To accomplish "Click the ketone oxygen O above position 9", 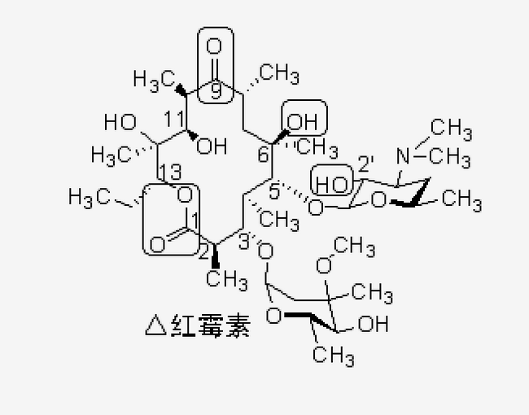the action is point(214,46).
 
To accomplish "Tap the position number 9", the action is point(216,91).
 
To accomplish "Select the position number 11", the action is point(175,119).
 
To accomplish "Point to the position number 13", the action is point(171,172).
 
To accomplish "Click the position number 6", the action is point(264,155).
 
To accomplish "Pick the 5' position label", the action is point(275,191).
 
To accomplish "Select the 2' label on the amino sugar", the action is point(365,164).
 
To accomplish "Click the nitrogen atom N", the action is point(403,156).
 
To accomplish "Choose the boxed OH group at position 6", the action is point(303,121).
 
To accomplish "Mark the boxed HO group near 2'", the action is point(331,185).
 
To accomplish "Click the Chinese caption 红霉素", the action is point(211,325).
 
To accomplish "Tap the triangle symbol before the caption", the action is point(156,325).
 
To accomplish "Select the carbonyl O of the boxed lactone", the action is point(157,245).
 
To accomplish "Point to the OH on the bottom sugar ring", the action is point(373,324).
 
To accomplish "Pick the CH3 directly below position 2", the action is point(227,280).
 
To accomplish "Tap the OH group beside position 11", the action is point(212,146).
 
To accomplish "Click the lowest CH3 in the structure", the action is point(334,356).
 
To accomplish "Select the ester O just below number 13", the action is point(185,195).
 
